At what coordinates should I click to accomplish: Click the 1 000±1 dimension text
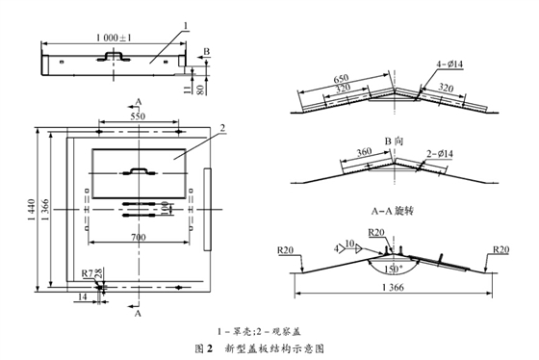[x=118, y=35]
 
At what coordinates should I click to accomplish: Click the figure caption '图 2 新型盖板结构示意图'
[x=268, y=345]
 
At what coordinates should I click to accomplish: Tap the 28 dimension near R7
[x=100, y=276]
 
